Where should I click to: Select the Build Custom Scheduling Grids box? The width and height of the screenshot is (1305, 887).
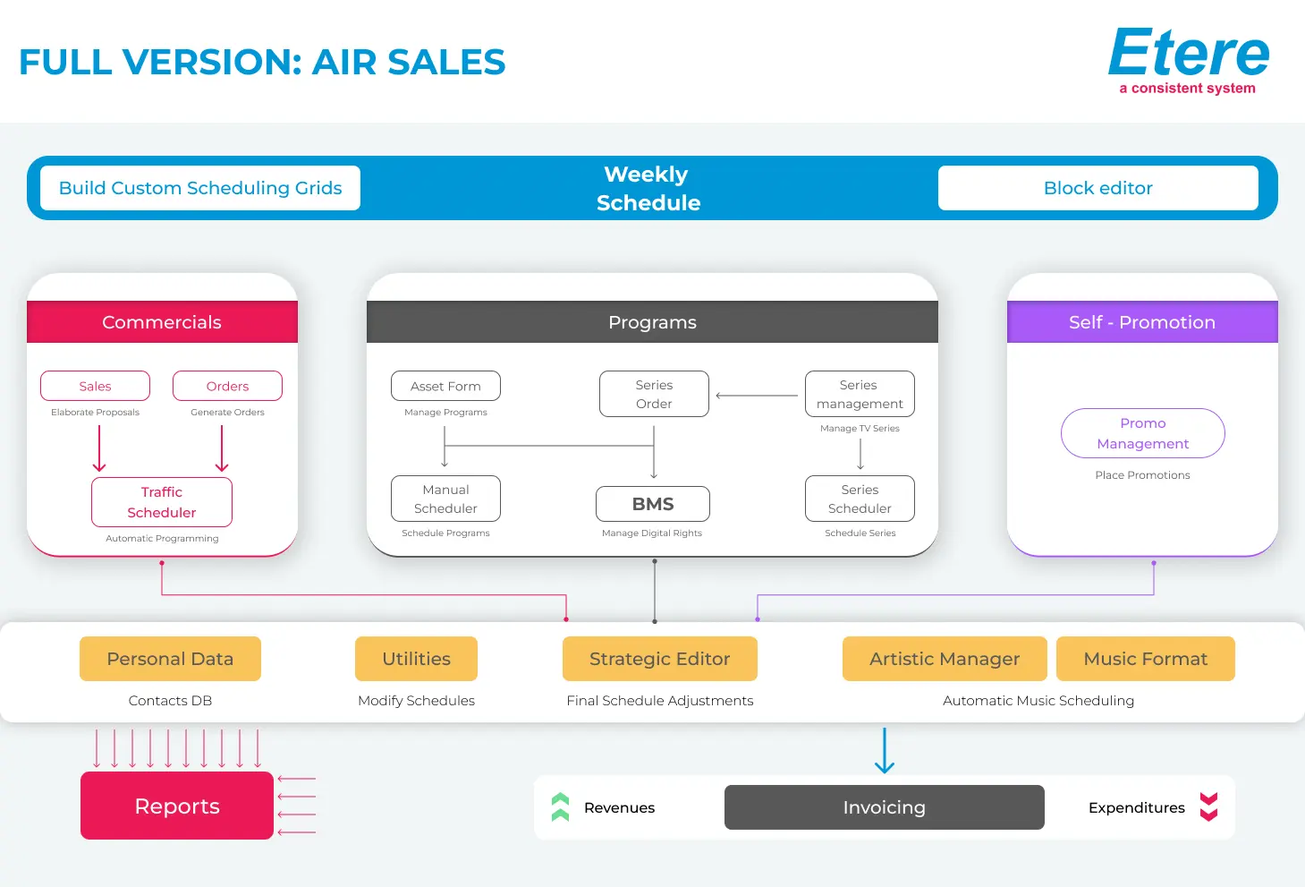click(x=200, y=188)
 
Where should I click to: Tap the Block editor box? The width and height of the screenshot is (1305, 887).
click(x=1097, y=188)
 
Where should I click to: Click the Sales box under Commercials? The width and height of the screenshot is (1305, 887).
click(x=95, y=386)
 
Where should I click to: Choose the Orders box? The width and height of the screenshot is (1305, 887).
click(x=227, y=386)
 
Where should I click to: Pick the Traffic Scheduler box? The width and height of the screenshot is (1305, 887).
click(x=162, y=502)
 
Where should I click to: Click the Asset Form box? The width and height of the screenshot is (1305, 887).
click(x=445, y=386)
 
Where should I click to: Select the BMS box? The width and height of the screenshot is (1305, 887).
click(x=653, y=504)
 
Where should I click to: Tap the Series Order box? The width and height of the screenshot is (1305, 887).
click(x=654, y=394)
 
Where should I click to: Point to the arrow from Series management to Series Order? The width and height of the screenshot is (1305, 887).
click(x=757, y=396)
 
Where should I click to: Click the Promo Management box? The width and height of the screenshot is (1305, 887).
click(x=1142, y=433)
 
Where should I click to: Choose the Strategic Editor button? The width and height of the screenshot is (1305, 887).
click(x=659, y=659)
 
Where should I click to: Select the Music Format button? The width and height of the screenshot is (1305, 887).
click(x=1145, y=659)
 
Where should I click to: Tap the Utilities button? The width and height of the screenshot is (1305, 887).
click(x=416, y=659)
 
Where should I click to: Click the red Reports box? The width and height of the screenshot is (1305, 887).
click(x=177, y=806)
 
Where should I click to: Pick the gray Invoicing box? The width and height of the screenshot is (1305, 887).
click(x=884, y=807)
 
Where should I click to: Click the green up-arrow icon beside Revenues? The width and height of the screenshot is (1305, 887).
click(x=561, y=807)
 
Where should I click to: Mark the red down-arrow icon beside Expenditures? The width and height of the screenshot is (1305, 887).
click(x=1208, y=807)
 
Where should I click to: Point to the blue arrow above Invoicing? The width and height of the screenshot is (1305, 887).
click(x=884, y=750)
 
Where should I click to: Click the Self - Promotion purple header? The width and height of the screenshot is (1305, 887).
click(x=1141, y=322)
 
